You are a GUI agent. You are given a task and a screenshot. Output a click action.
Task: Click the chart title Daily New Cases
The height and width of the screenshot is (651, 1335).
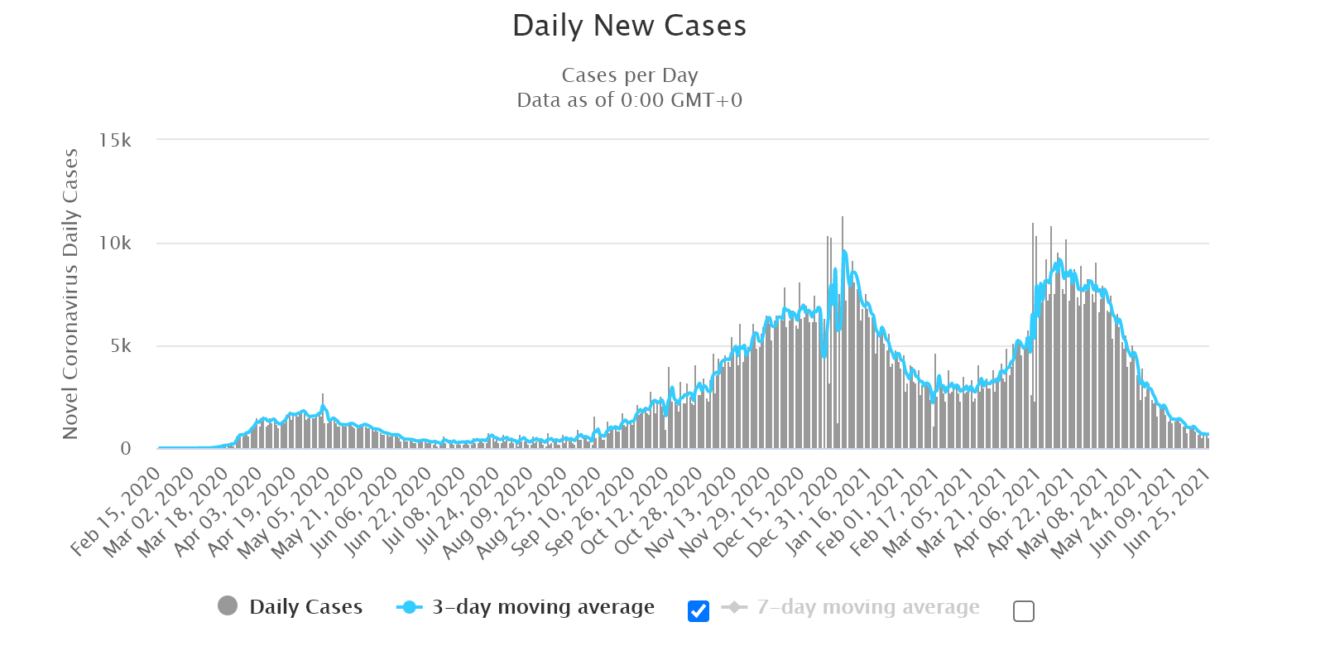click(x=629, y=27)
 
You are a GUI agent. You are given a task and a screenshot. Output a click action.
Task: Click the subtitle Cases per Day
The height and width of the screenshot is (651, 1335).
click(x=629, y=75)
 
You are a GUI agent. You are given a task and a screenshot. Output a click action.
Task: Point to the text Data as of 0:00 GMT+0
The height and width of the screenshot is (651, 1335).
click(x=629, y=100)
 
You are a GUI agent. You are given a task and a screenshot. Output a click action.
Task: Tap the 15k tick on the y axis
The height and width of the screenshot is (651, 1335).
click(x=115, y=141)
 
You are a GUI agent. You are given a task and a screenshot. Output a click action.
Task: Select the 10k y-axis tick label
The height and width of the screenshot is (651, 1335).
click(x=115, y=244)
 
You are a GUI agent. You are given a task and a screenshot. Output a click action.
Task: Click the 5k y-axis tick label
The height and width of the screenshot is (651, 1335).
click(x=120, y=346)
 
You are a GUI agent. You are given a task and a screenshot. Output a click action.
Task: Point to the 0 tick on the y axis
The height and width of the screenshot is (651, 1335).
click(x=126, y=449)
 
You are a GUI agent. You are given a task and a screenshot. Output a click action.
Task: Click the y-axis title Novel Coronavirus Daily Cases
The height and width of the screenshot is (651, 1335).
click(x=70, y=294)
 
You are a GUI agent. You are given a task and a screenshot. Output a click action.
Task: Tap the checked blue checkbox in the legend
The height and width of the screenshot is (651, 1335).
click(x=699, y=611)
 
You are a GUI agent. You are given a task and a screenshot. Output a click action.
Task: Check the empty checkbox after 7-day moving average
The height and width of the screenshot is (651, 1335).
click(x=1024, y=611)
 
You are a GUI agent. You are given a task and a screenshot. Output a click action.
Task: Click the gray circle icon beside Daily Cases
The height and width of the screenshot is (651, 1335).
click(x=228, y=606)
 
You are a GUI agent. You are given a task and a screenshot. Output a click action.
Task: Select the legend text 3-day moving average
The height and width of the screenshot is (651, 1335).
click(x=543, y=607)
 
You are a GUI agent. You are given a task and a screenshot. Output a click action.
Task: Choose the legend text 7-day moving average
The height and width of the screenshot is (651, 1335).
click(x=868, y=607)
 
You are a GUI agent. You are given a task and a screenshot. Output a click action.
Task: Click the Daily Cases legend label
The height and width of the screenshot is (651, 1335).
click(x=305, y=607)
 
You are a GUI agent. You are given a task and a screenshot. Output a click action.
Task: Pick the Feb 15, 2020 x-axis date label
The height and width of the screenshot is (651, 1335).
click(x=116, y=510)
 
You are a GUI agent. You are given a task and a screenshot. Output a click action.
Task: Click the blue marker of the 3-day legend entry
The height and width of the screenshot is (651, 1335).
click(x=410, y=607)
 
